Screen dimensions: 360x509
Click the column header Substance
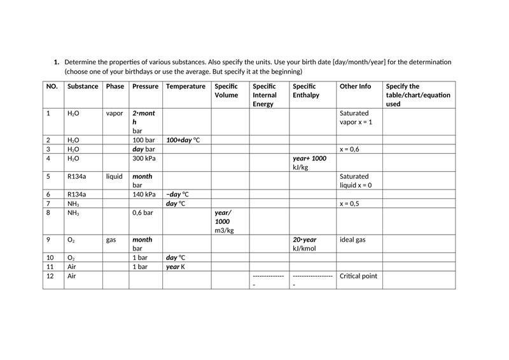click(83, 87)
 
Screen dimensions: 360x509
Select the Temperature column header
click(185, 87)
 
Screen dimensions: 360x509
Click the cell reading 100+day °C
click(183, 139)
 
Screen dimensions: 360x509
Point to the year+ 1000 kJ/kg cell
click(309, 162)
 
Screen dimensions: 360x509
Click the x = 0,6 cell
click(350, 149)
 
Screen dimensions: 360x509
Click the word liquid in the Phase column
click(115, 176)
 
